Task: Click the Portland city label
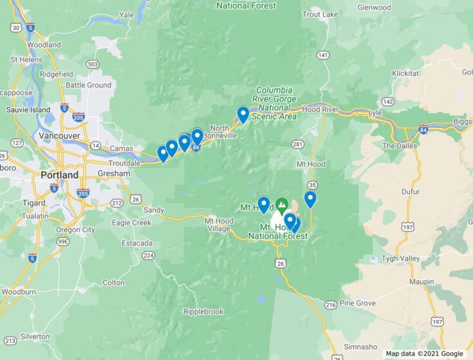[59, 175]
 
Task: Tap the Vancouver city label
[59, 136]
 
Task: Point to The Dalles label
[400, 146]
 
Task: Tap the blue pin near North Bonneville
[243, 115]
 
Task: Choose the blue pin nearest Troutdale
[163, 153]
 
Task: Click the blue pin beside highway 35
[310, 199]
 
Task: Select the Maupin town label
[422, 282]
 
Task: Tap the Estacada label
[136, 243]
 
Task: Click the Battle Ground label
[89, 85]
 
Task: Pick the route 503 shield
[93, 64]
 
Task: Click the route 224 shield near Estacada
[149, 256]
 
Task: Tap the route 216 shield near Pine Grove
[331, 305]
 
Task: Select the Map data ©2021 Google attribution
[425, 354]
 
